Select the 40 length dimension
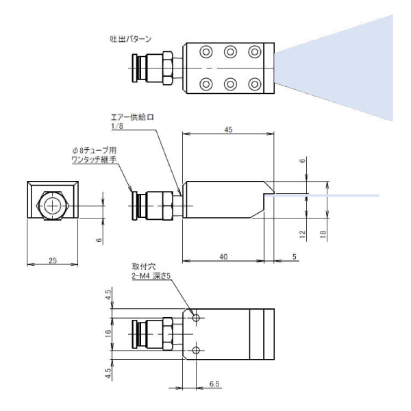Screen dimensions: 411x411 224,256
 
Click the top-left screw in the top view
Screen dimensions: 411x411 206,51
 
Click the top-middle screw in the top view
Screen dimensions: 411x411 230,51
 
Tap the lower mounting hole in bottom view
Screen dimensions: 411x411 197,351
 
